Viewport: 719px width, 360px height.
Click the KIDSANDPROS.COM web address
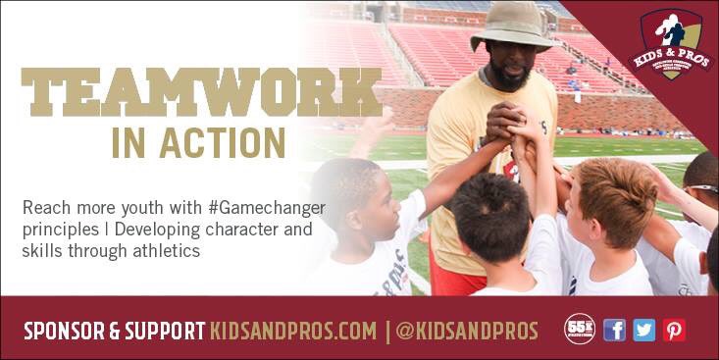click(x=293, y=332)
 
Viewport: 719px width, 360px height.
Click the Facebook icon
click(x=614, y=330)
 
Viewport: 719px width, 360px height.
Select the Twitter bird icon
click(x=643, y=330)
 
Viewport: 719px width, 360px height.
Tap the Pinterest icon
click(x=674, y=330)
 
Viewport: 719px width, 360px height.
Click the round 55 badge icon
click(x=580, y=330)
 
